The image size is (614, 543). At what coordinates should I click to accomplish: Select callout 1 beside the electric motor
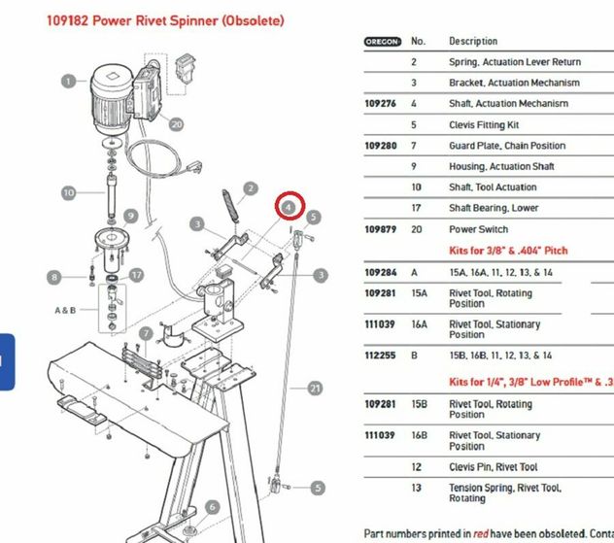tap(68, 81)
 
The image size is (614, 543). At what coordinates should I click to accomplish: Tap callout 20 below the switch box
tap(175, 123)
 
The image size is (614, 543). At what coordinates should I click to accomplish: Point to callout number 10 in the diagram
tap(68, 192)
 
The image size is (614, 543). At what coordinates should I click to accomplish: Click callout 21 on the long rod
tap(314, 388)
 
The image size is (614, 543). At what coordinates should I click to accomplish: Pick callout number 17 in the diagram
tap(136, 276)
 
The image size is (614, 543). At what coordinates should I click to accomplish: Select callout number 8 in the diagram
tap(54, 278)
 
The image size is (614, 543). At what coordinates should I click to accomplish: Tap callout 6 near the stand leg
tap(211, 508)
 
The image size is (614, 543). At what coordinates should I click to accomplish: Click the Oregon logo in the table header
tap(382, 42)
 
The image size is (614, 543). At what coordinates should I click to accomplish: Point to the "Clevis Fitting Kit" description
tap(484, 125)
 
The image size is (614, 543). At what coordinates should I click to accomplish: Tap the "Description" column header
tap(473, 42)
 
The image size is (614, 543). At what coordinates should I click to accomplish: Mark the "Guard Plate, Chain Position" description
tap(507, 146)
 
